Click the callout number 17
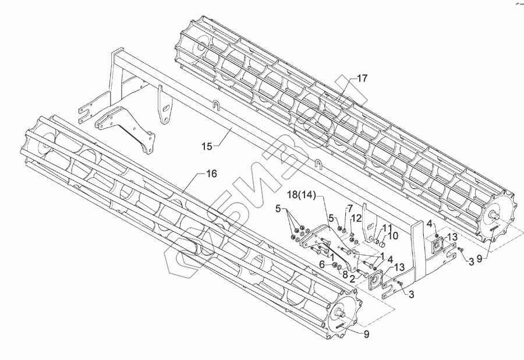(362, 77)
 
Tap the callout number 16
(211, 174)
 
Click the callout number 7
(350, 208)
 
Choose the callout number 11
(387, 227)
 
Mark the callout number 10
(394, 235)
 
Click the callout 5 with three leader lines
(278, 208)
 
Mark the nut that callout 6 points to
(335, 266)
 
